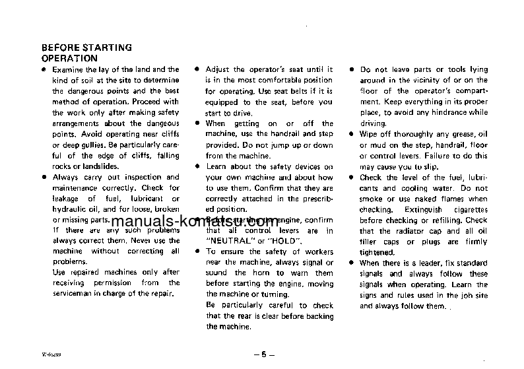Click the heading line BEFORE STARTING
(86, 48)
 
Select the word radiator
(413, 231)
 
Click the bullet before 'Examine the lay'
(44, 69)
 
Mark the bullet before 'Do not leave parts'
(351, 69)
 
